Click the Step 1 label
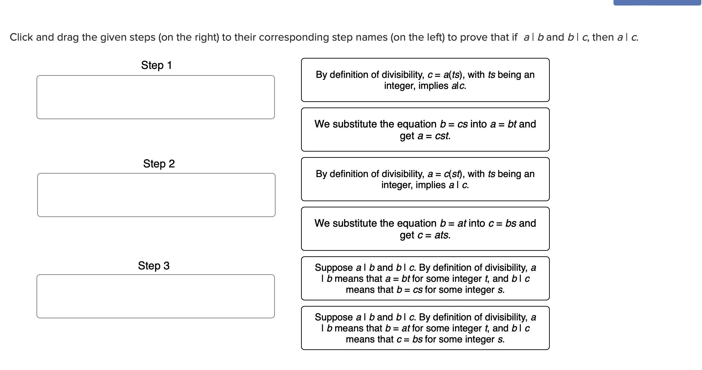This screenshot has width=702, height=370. coord(156,65)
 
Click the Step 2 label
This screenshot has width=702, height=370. coord(159,164)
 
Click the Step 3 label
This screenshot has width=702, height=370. coord(154,266)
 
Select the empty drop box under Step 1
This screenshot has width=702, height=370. coord(156,97)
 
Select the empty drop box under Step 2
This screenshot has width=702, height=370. coord(156,195)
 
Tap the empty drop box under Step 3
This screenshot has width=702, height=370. coord(156,296)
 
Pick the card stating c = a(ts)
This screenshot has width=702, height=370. coord(425,80)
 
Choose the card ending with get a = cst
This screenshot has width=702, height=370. coord(425,130)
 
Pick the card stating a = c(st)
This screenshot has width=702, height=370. coord(425,179)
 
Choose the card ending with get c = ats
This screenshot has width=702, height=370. coord(425,229)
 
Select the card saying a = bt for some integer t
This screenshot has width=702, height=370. coord(425,278)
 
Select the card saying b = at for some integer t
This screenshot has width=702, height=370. coord(425,328)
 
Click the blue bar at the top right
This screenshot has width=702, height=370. coord(657,2)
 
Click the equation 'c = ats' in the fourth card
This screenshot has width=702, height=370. coord(434,235)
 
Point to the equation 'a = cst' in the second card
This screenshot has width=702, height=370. coord(434,136)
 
